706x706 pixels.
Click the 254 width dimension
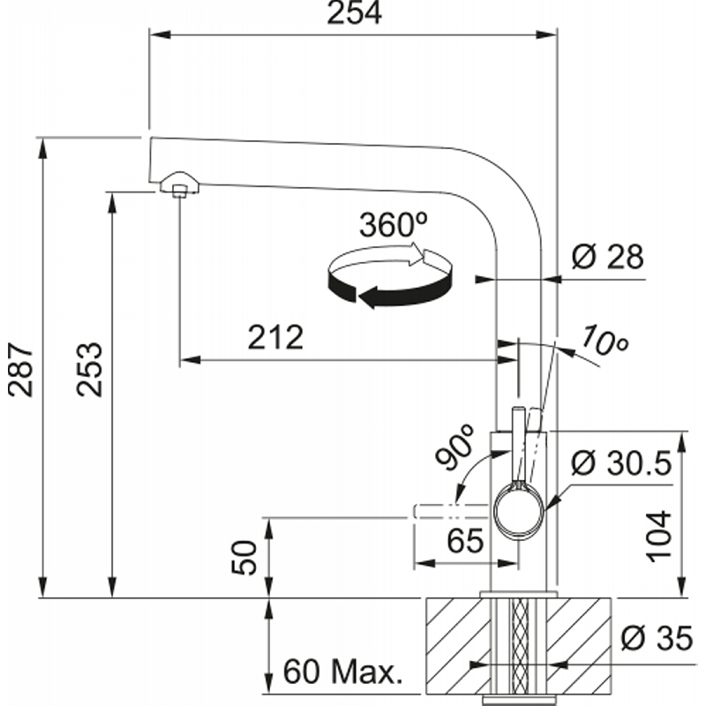click(355, 12)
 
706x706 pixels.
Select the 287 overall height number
click(21, 370)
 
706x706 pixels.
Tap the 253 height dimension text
click(89, 369)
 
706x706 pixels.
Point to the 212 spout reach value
click(275, 337)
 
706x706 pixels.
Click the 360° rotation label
click(393, 225)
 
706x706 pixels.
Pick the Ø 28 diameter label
click(608, 257)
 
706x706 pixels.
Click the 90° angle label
click(455, 447)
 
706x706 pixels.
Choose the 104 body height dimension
click(658, 537)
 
